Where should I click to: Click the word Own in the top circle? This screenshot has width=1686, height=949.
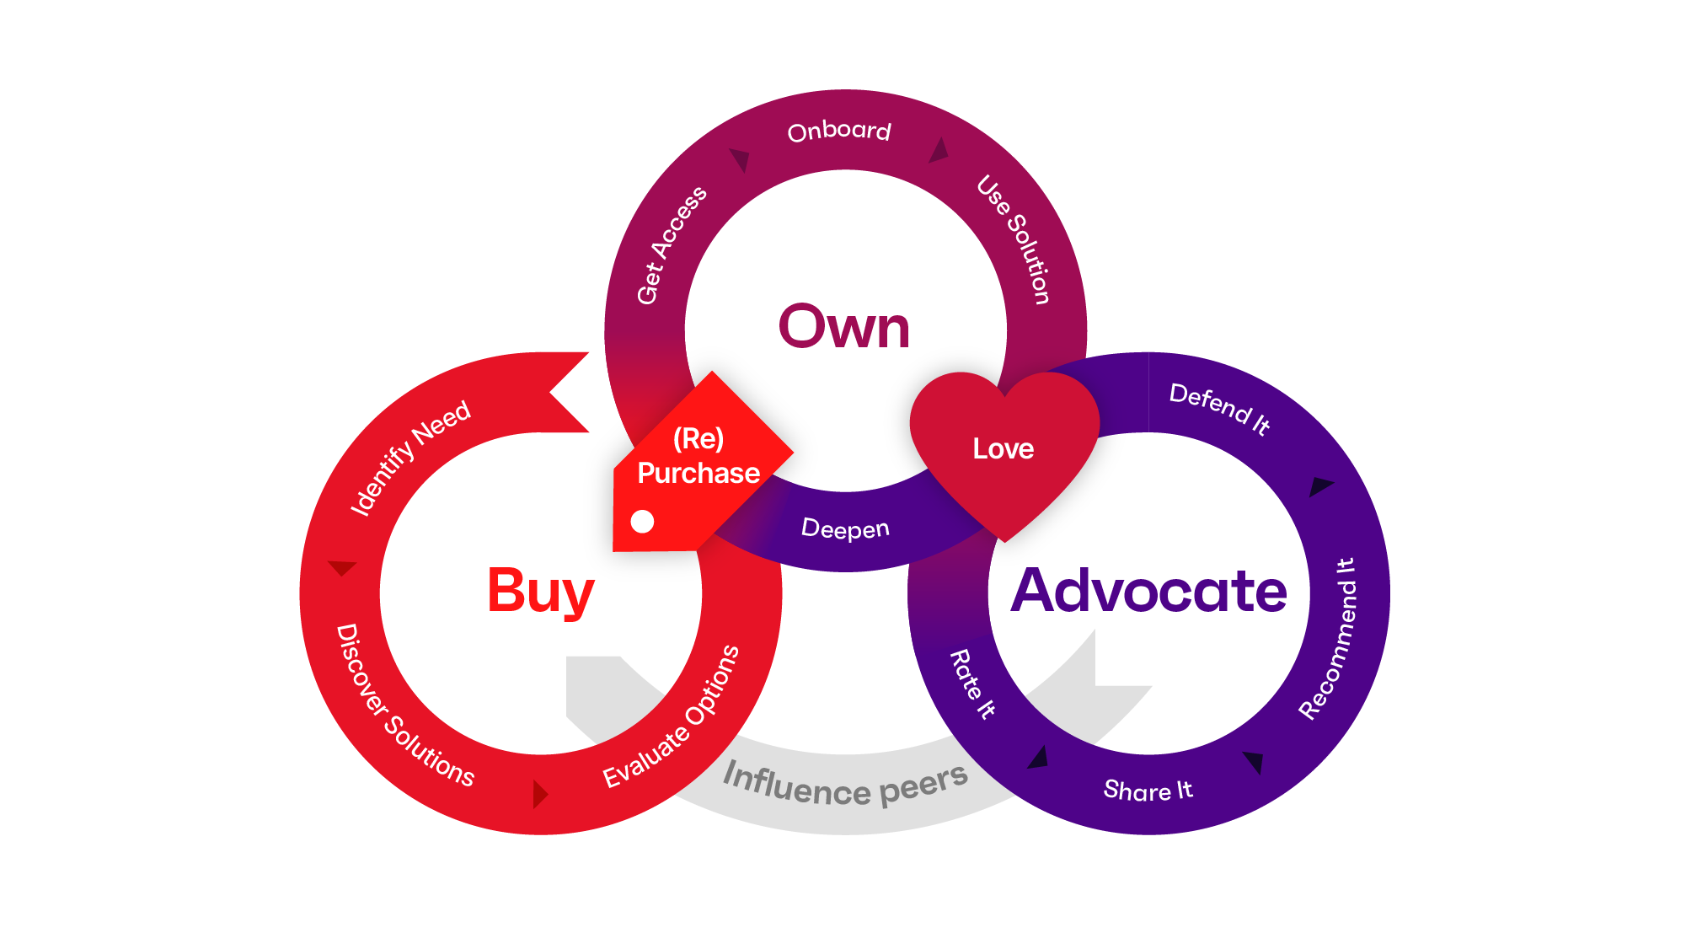click(x=844, y=327)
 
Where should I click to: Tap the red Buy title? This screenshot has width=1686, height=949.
click(x=541, y=592)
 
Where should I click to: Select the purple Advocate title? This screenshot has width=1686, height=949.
click(x=1148, y=591)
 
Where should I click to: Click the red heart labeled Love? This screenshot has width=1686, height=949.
click(x=1004, y=448)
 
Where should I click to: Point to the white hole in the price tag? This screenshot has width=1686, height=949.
click(x=642, y=522)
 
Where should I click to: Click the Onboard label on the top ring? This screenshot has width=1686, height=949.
click(x=839, y=131)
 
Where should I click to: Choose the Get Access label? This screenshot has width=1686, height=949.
click(x=672, y=245)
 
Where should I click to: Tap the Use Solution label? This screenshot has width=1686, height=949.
click(x=1014, y=239)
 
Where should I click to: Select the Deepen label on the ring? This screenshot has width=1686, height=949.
click(x=845, y=528)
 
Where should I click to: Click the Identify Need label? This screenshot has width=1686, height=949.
click(x=410, y=458)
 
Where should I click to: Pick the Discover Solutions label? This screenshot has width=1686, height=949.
click(x=404, y=706)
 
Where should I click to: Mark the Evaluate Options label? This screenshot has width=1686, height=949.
click(x=672, y=717)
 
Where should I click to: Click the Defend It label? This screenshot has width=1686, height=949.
click(x=1219, y=408)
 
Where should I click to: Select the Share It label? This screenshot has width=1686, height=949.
click(x=1148, y=791)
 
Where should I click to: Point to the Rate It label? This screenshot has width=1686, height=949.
click(x=973, y=684)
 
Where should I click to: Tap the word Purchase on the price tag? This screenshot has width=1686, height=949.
click(x=698, y=473)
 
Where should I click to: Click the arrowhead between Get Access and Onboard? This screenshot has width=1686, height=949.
click(x=741, y=158)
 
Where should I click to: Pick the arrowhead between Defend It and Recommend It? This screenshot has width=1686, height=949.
click(x=1319, y=486)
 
